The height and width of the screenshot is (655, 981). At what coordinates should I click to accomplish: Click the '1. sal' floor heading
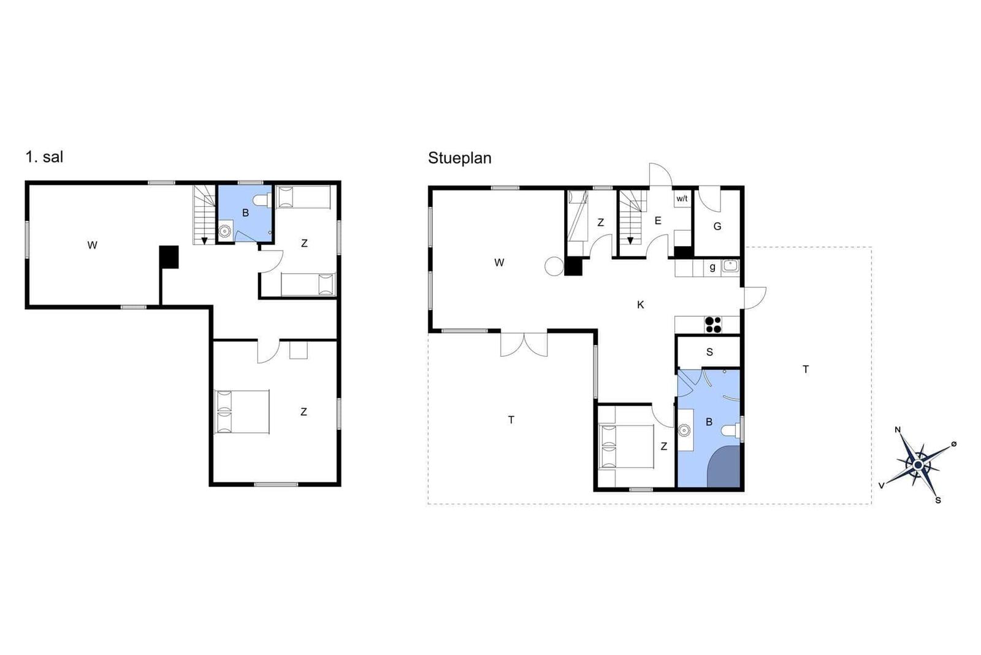tap(44, 157)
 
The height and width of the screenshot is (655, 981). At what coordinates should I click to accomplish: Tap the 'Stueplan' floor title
tap(459, 158)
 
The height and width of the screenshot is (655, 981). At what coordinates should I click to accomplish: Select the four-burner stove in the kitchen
tap(713, 325)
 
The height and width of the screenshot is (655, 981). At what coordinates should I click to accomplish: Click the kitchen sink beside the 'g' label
tap(730, 265)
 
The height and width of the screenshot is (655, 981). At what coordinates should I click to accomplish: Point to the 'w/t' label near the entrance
tap(682, 199)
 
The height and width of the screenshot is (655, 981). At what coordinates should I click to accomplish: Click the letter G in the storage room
tap(717, 227)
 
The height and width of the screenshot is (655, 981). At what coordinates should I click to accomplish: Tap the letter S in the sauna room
tap(709, 352)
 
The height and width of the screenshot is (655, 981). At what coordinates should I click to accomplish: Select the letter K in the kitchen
tap(640, 304)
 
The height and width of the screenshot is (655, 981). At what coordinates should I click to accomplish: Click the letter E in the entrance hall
tap(658, 220)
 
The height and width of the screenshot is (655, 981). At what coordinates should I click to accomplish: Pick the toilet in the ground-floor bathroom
tap(730, 430)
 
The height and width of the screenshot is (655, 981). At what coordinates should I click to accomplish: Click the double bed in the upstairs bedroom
tap(242, 412)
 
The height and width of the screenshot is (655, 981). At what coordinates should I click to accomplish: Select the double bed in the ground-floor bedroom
tap(626, 446)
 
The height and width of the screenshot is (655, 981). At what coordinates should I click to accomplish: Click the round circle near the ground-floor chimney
tap(554, 266)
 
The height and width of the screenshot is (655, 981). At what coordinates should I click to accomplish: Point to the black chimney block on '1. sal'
tap(169, 257)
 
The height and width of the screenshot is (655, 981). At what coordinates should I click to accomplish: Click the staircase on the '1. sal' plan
tap(204, 214)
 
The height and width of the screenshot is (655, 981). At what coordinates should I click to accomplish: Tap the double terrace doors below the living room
tap(524, 344)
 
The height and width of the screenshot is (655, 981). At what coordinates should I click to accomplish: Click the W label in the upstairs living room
tap(92, 245)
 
